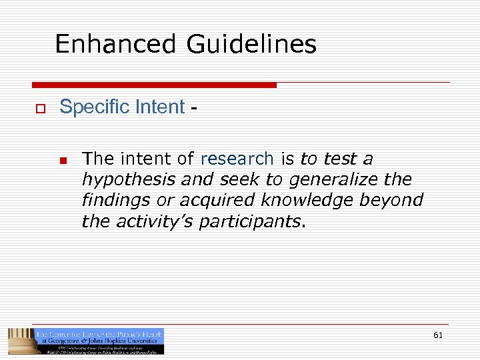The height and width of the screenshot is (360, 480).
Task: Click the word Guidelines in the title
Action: [x=251, y=45]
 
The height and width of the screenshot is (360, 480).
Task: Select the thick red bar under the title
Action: [x=154, y=85]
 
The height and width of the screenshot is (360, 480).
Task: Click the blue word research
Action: [x=237, y=159]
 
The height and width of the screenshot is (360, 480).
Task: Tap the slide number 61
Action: [x=437, y=335]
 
